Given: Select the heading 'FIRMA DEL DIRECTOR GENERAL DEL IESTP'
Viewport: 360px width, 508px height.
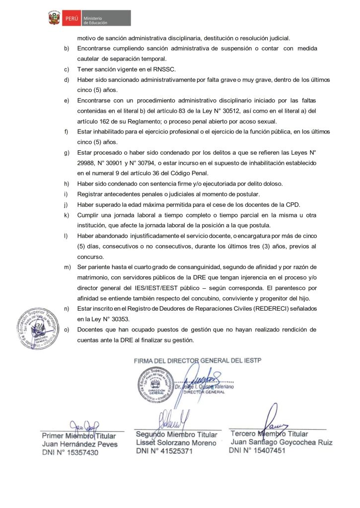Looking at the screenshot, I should (198, 360).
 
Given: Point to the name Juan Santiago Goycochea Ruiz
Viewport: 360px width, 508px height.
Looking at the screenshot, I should (282, 442).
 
